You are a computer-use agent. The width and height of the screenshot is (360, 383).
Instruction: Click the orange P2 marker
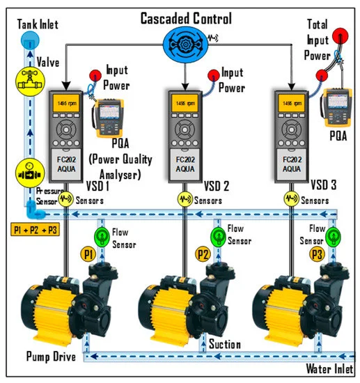point(202,254)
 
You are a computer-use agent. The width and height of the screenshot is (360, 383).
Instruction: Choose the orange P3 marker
point(317,254)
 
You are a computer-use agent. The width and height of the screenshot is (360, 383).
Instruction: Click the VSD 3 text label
point(330,186)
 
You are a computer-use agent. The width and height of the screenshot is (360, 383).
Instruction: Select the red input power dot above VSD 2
point(210,75)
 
